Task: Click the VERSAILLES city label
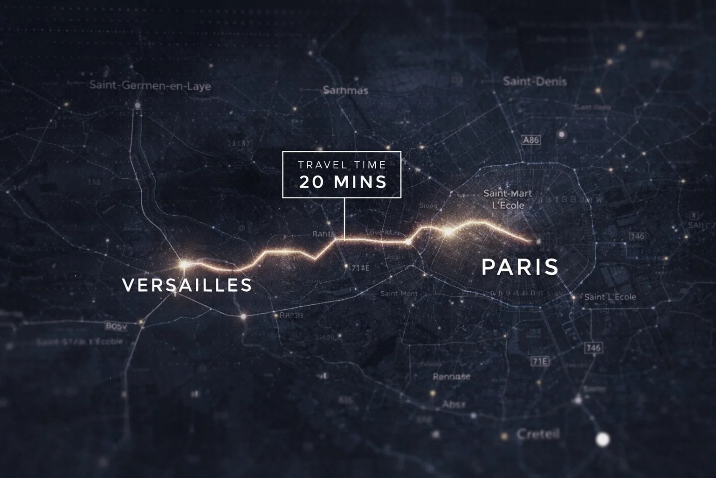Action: pos(187,285)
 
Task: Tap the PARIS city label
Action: pos(520,267)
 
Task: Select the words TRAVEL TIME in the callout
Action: pos(342,165)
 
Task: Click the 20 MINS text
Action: pos(343,182)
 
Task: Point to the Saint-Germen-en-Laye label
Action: pos(150,86)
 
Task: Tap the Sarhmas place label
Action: pos(345,90)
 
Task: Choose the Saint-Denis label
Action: pos(535,82)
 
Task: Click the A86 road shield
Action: pos(531,140)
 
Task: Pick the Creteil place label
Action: pos(538,435)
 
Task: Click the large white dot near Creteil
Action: pos(603,439)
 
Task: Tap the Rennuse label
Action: pos(452,377)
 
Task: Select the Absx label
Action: pos(454,404)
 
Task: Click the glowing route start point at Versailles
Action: pos(184,265)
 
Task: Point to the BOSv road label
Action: pos(116,326)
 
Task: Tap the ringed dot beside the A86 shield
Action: pos(562,135)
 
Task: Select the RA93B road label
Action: pos(291,315)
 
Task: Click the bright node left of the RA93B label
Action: pos(243,316)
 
